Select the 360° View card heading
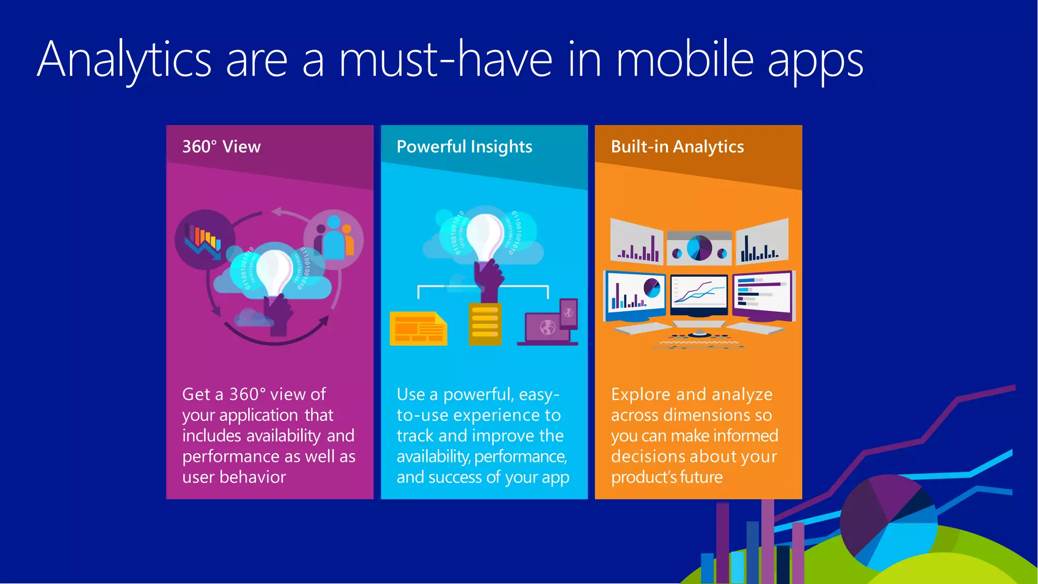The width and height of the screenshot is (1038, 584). [x=221, y=147]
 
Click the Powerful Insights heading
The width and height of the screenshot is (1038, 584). [x=464, y=147]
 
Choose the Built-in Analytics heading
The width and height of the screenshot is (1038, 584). [x=677, y=147]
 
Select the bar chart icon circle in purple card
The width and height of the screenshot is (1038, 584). [x=204, y=239]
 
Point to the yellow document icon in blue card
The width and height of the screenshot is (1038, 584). [x=418, y=328]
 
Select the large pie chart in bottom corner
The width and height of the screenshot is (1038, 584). [x=888, y=522]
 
